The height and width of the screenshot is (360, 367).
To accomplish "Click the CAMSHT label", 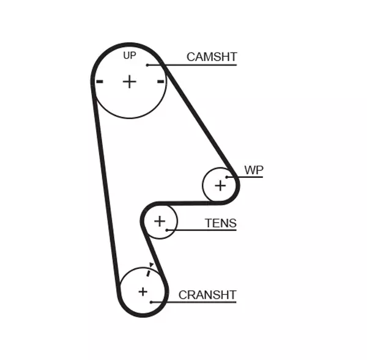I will pyautogui.click(x=212, y=57).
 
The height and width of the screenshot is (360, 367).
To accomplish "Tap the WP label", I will pyautogui.click(x=253, y=169).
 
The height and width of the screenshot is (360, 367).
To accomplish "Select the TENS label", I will pyautogui.click(x=220, y=223).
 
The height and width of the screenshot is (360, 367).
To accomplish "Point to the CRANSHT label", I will pyautogui.click(x=207, y=295).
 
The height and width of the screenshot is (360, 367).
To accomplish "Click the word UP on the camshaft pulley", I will pyautogui.click(x=129, y=56).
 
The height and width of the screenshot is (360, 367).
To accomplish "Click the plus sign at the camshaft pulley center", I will pyautogui.click(x=129, y=81).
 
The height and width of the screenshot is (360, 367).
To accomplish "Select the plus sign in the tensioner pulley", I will pyautogui.click(x=160, y=221).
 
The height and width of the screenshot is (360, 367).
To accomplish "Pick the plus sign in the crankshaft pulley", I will pyautogui.click(x=143, y=292).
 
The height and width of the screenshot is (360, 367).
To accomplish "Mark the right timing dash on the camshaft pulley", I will pyautogui.click(x=160, y=81).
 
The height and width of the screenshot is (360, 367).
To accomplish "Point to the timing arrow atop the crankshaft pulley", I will pyautogui.click(x=150, y=266).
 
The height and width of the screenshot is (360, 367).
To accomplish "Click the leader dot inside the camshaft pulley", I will pyautogui.click(x=147, y=64).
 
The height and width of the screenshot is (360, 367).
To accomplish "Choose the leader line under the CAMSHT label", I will pyautogui.click(x=196, y=64).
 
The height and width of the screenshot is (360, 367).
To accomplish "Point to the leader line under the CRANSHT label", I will pyautogui.click(x=196, y=302).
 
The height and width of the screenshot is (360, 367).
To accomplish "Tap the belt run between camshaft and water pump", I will pyautogui.click(x=199, y=116).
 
